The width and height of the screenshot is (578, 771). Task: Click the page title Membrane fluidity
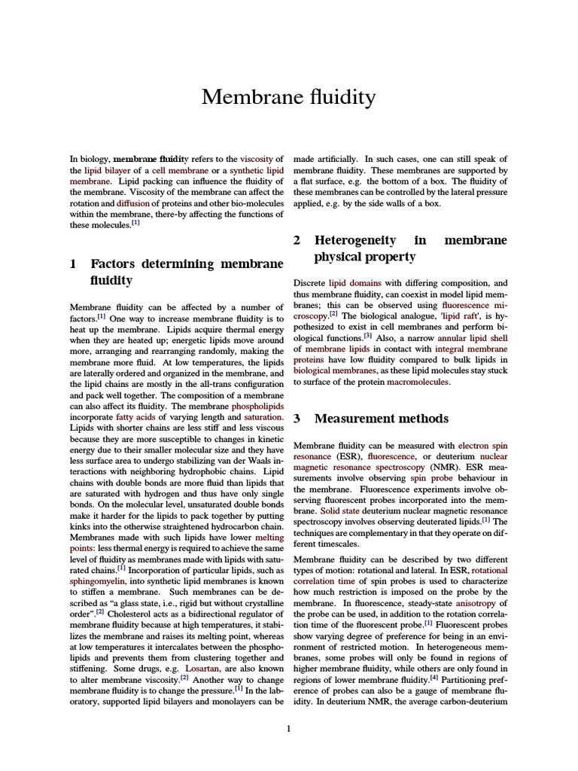(289, 98)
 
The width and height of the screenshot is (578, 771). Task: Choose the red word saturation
(262, 416)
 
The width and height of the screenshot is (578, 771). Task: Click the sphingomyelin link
(95, 581)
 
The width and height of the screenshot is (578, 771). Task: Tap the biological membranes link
(334, 370)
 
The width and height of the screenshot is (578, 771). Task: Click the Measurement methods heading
(381, 419)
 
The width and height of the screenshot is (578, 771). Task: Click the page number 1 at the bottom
(289, 729)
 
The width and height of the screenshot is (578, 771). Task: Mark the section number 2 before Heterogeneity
(297, 240)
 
